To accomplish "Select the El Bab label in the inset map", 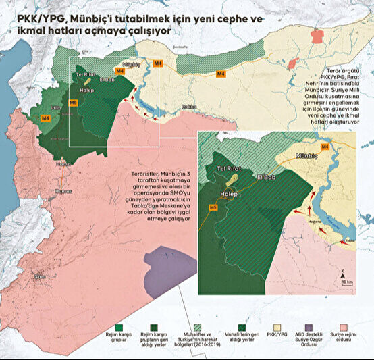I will pos(266,177).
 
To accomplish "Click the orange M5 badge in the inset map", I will pos(213,207).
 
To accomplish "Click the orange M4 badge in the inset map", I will pos(325,146).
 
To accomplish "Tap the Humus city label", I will pos(63,191).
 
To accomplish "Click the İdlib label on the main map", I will pos(55,106).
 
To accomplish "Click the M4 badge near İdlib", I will pos(45,118).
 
